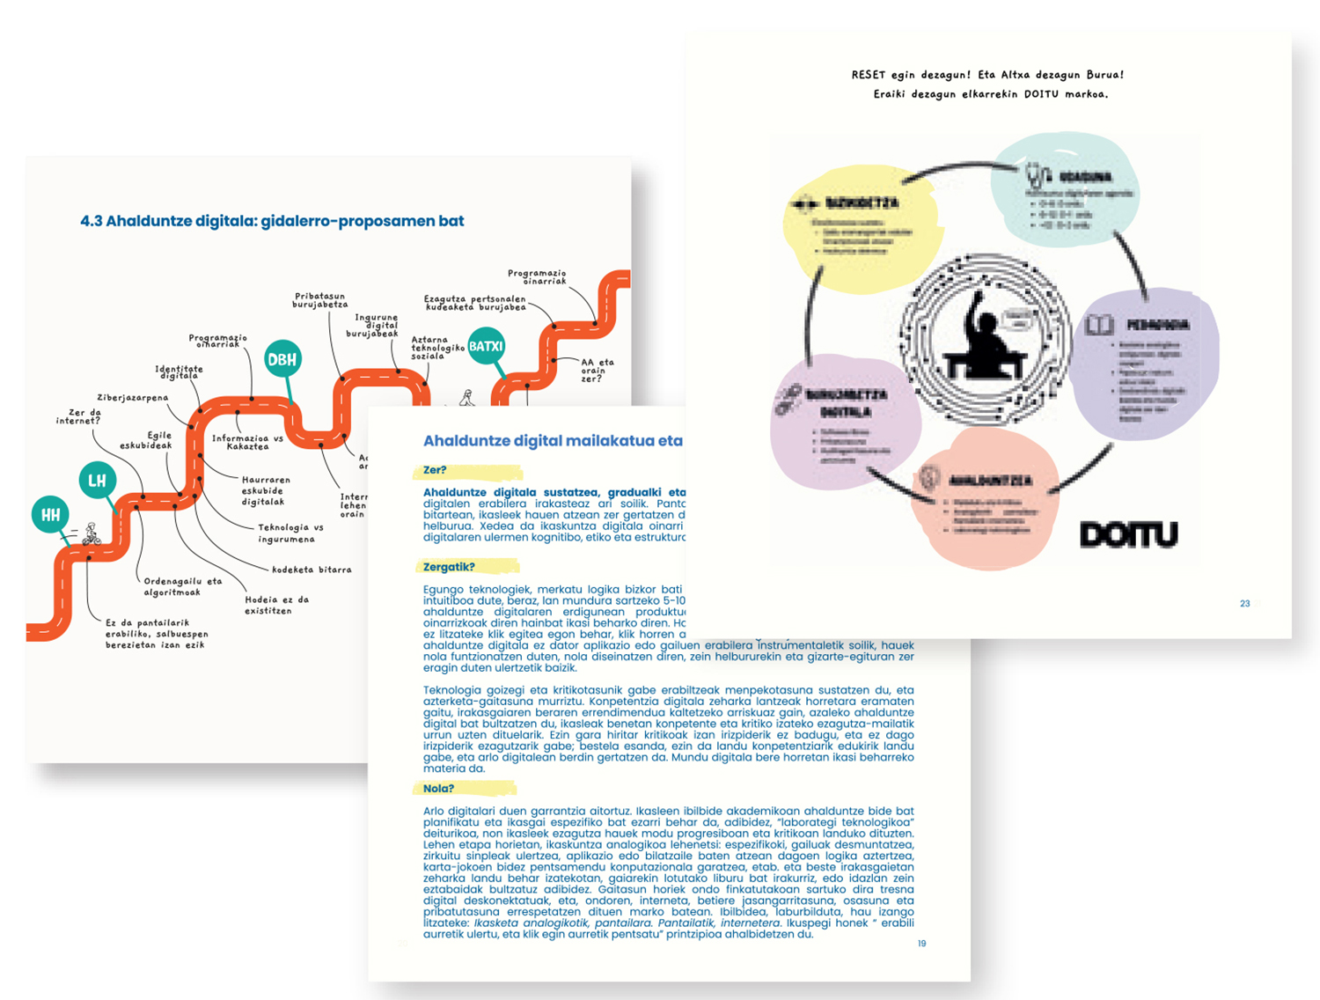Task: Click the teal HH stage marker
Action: click(51, 515)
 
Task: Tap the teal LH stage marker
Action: click(97, 480)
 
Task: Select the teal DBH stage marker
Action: click(282, 359)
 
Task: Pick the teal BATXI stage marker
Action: click(486, 346)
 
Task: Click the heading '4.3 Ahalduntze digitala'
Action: click(271, 221)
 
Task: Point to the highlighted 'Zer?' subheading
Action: click(436, 470)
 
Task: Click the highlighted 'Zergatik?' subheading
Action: click(449, 567)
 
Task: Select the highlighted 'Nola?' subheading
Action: click(439, 789)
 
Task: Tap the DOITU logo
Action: click(1128, 534)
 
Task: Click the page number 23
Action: click(1244, 604)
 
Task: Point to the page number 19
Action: click(921, 944)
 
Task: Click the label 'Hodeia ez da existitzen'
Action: click(276, 605)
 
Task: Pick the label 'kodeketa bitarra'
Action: click(312, 570)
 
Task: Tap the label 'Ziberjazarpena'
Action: click(132, 398)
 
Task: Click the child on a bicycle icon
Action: click(91, 533)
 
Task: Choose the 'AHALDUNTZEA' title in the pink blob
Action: click(990, 481)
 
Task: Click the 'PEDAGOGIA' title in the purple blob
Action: click(1157, 325)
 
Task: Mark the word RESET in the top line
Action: click(869, 75)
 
